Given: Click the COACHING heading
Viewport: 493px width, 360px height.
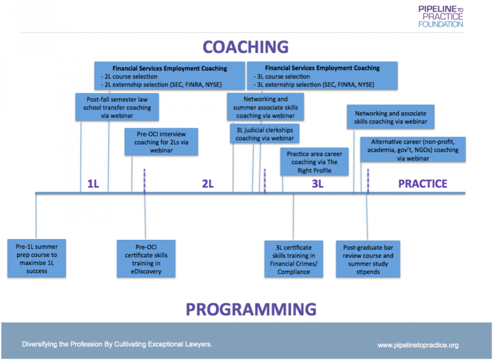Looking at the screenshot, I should click(x=246, y=47).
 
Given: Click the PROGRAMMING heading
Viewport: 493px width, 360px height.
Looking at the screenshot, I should click(x=251, y=309).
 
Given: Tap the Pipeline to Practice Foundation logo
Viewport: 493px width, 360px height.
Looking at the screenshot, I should click(x=440, y=16).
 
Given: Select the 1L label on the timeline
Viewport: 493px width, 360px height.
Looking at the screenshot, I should click(x=93, y=184).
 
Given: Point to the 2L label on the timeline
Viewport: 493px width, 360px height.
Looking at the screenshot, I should click(x=208, y=184).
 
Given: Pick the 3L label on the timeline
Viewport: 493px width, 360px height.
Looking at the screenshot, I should click(x=317, y=184).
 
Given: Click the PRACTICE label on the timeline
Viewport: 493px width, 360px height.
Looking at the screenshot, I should click(x=423, y=184).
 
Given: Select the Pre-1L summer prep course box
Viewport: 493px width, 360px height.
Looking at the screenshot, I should click(x=37, y=259).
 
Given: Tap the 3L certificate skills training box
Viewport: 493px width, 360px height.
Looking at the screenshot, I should click(x=293, y=259).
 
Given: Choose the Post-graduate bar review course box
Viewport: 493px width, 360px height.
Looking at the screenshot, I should click(x=368, y=259).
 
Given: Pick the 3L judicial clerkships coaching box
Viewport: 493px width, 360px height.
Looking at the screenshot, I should click(x=264, y=134).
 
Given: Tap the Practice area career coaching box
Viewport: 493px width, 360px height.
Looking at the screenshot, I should click(x=314, y=162).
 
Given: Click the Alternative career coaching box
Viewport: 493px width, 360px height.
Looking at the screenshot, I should click(x=413, y=150).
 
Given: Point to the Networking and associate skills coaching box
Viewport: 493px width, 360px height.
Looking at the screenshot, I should click(x=391, y=118).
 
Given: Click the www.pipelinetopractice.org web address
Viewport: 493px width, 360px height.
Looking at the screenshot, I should click(x=418, y=345).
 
